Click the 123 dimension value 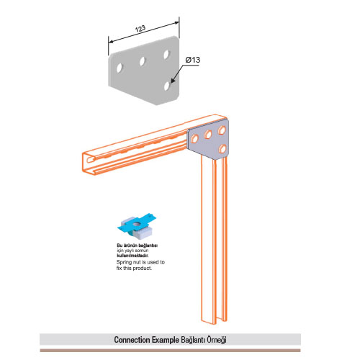coord(140,29)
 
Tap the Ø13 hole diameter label coord(193,60)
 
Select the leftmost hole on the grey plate coord(120,68)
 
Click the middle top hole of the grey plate coord(143,61)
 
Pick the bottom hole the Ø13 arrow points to coord(167,86)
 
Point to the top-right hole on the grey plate coord(166,55)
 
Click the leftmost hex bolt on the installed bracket coord(194,139)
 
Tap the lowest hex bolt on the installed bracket coord(222,149)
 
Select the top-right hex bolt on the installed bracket coord(222,130)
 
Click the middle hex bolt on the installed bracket coord(208,134)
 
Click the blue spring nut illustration coord(137,226)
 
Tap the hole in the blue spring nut coord(137,225)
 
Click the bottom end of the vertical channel coord(214,322)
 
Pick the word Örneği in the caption coord(217,340)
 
